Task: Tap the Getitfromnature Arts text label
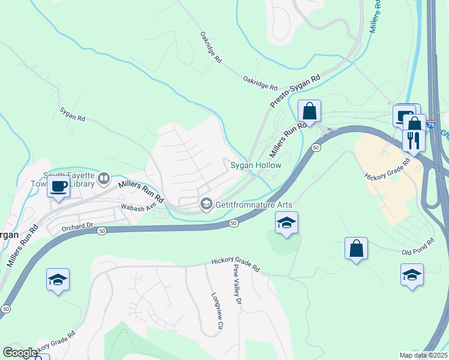[x=252, y=205]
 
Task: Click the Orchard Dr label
[x=78, y=227]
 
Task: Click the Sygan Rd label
[x=73, y=115]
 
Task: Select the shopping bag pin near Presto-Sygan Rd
[x=309, y=111]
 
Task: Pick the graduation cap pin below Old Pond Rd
[x=412, y=275]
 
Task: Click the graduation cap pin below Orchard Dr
[x=58, y=280]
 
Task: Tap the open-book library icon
[x=104, y=178]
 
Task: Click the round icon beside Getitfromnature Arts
[x=206, y=205]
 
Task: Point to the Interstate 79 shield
[x=431, y=124]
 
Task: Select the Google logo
[x=20, y=353]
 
